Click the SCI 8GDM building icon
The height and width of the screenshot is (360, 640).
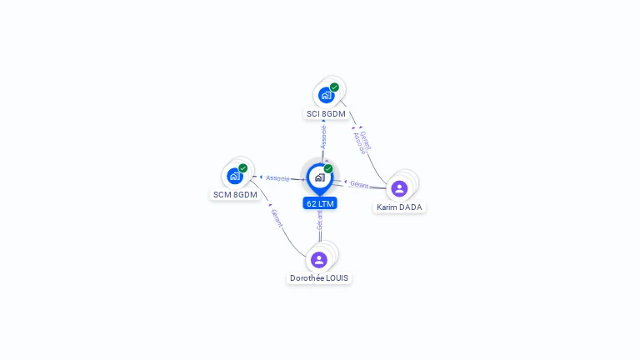[x=326, y=95]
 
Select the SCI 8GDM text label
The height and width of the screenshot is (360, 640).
[x=326, y=113]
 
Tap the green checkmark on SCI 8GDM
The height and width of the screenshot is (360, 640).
[x=334, y=87]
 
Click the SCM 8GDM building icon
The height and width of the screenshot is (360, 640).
[x=235, y=176]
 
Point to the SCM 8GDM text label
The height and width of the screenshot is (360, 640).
[x=235, y=194]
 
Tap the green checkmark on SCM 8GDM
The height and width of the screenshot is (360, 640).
[x=243, y=168]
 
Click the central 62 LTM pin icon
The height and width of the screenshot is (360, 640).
[x=319, y=177]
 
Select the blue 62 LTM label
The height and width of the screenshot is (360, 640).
[x=321, y=203]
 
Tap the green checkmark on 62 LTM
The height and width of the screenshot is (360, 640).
[x=328, y=169]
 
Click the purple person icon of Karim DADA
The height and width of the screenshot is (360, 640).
[x=399, y=188]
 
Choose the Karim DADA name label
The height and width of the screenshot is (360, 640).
[x=399, y=207]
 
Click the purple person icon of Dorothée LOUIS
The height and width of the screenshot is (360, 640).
[x=319, y=259]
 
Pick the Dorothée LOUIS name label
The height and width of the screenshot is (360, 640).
[x=319, y=277]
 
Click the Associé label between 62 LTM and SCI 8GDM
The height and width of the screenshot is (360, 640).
[x=323, y=137]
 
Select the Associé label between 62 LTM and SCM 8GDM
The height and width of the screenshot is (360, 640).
[x=277, y=178]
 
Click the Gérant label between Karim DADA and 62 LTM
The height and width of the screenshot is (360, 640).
[x=359, y=184]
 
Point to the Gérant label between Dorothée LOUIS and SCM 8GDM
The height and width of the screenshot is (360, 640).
[x=276, y=218]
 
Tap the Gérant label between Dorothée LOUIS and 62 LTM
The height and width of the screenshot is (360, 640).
[x=320, y=221]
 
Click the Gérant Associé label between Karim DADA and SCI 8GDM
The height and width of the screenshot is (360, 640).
[x=362, y=142]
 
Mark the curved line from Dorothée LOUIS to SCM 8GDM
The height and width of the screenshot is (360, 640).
[x=287, y=238]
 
